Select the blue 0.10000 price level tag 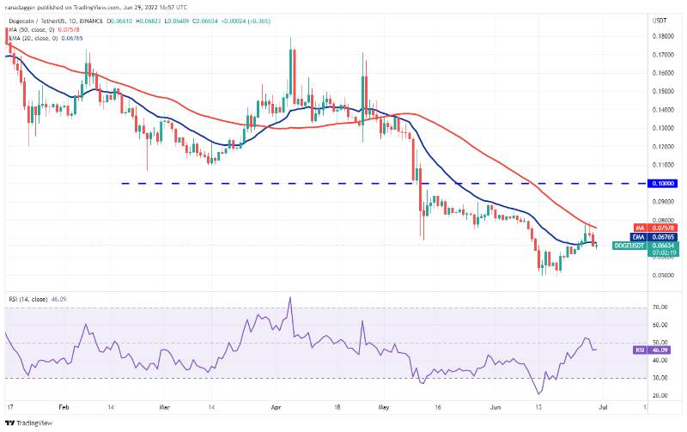662,183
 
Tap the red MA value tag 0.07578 662,228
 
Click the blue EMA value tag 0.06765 662,236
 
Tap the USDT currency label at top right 660,19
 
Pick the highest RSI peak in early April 289,298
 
